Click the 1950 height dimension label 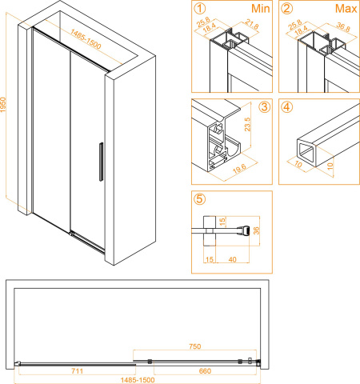tap(3, 105)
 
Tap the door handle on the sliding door tap(101, 162)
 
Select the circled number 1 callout tap(200, 9)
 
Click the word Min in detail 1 tap(261, 9)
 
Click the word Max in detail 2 tap(346, 9)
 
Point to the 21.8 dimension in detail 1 tap(251, 24)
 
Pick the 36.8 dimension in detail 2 tap(343, 26)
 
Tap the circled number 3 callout tap(264, 107)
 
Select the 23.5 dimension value tap(247, 124)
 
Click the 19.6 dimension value tap(239, 169)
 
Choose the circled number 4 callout tap(286, 107)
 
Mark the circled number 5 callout tap(200, 198)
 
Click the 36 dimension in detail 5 tap(256, 230)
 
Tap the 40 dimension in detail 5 tap(233, 259)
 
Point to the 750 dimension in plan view tap(195, 346)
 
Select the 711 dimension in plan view tap(78, 371)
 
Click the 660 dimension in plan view tap(205, 371)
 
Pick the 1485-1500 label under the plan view tap(138, 380)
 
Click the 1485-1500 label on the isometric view tap(86, 39)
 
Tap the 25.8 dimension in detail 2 tap(295, 25)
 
